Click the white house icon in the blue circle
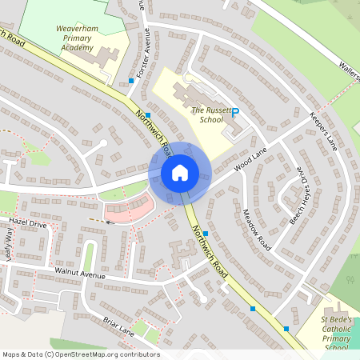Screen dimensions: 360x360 (x=179, y=172)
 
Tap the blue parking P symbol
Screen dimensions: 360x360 (x=234, y=114)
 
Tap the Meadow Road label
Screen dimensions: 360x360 (x=256, y=228)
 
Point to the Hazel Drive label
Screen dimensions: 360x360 (x=28, y=225)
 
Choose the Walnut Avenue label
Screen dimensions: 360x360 (x=80, y=274)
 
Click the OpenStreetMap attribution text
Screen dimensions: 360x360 (x=81, y=354)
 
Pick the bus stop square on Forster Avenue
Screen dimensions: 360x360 (x=130, y=81)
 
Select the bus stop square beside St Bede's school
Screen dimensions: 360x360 (x=286, y=328)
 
